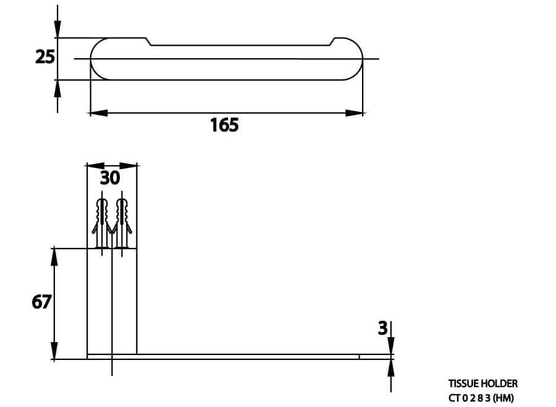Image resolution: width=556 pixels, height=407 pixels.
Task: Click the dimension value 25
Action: [x=45, y=58]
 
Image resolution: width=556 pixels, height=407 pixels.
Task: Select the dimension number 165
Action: [x=224, y=126]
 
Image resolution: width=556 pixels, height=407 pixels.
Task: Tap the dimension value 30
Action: [x=110, y=178]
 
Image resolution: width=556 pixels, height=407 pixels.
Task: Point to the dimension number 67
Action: [x=42, y=302]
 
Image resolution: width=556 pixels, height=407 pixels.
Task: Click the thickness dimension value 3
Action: [x=383, y=328]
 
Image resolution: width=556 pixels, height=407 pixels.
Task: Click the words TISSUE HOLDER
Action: [x=482, y=383]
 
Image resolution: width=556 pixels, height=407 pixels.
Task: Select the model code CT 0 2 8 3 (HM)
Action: [x=481, y=398]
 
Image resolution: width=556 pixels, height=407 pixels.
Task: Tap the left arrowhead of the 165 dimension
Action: [x=98, y=113]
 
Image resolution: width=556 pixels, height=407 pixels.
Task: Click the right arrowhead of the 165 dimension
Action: [x=355, y=113]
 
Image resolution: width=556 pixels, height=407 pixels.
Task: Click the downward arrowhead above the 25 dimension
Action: [x=57, y=28]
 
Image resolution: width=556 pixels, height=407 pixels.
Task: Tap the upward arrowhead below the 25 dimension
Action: [x=57, y=89]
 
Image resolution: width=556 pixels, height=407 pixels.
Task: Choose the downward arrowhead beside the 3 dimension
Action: [x=390, y=346]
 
